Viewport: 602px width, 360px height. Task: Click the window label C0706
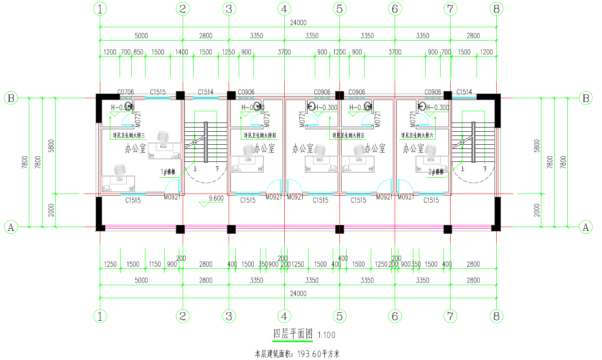click(125, 92)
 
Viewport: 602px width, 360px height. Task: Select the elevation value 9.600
click(216, 198)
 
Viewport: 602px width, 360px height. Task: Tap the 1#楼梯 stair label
click(168, 172)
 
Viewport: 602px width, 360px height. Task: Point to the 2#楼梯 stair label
click(436, 172)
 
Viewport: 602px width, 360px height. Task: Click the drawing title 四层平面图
click(293, 334)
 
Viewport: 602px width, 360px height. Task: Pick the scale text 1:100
click(327, 335)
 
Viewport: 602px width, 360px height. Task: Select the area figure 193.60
click(309, 354)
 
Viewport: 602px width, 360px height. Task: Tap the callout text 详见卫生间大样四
click(260, 135)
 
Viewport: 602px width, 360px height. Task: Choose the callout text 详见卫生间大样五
click(348, 135)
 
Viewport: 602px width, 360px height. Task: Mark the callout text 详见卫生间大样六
click(417, 135)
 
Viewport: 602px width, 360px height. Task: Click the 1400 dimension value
click(181, 52)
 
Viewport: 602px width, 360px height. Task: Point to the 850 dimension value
click(138, 52)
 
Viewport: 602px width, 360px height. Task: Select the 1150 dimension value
click(155, 264)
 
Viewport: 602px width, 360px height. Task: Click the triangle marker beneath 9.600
click(204, 205)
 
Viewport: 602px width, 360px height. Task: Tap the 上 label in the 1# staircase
click(195, 169)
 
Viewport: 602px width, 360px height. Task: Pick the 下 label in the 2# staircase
click(485, 169)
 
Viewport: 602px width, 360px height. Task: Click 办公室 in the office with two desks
click(135, 148)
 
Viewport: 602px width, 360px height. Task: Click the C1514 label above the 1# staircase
click(205, 92)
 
